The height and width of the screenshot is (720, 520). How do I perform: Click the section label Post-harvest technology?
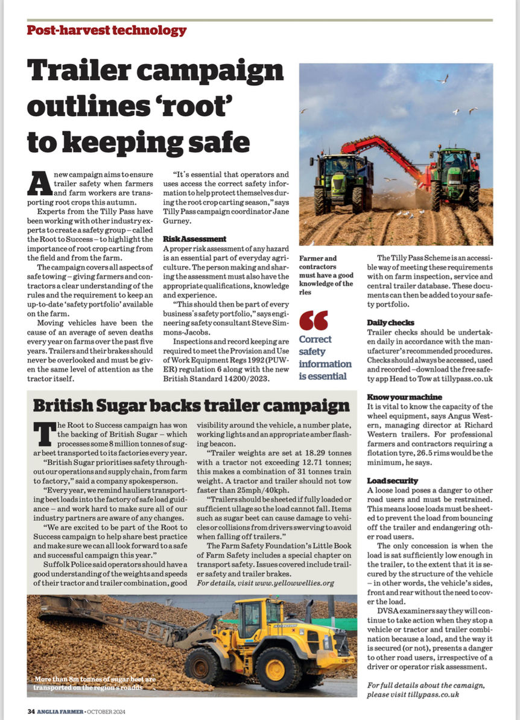106,30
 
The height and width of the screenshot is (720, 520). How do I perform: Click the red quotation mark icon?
314,320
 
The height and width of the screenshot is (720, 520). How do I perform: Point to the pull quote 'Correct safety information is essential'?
325,357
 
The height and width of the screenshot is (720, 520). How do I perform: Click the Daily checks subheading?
390,323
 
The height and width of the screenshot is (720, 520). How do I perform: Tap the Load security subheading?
392,480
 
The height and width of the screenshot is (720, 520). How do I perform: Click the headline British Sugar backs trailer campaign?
191,405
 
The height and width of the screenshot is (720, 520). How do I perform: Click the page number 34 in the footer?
31,711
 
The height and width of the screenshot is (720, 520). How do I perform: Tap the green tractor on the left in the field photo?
341,181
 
